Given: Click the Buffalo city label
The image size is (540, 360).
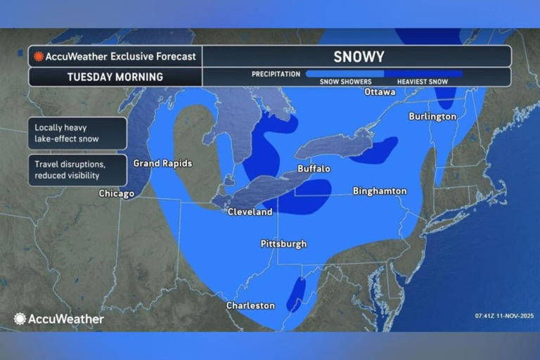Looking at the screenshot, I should tap(314, 169).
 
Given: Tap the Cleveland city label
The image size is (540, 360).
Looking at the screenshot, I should tap(250, 212).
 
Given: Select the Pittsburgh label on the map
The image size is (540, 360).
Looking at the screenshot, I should tap(283, 244).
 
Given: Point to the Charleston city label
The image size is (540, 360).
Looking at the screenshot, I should tap(250, 305).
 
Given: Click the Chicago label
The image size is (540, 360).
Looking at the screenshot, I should tap(116, 193).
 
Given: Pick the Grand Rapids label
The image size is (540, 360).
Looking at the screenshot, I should tap(162, 163).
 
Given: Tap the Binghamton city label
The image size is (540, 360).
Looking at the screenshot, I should tap(379, 191).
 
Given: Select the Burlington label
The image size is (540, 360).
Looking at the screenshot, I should tap(432, 116).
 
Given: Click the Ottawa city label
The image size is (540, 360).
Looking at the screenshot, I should tap(380, 91).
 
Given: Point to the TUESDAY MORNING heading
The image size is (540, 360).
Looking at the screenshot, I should tap(115, 77).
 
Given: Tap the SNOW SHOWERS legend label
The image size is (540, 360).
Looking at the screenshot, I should tap(345, 82).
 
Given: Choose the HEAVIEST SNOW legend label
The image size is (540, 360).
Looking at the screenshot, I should tap(422, 82).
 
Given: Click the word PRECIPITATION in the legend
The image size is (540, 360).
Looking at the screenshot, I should tap(276, 74).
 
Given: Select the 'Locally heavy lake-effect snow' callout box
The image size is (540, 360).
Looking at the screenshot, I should tap(77, 133).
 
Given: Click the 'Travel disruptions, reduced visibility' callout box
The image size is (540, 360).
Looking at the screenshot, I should tap(77, 169).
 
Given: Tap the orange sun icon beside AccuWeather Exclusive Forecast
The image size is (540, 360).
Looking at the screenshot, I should tap(39, 56).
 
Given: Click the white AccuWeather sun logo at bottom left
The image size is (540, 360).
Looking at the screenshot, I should tap(20, 319).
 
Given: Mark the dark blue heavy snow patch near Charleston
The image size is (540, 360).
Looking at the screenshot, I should tap(296, 293).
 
